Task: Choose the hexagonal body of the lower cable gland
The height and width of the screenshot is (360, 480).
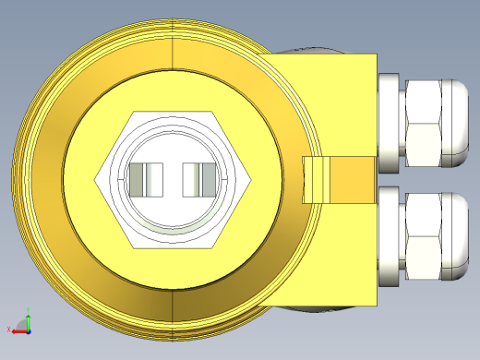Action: click(x=423, y=236)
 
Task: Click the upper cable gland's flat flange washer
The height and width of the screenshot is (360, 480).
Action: click(x=390, y=124)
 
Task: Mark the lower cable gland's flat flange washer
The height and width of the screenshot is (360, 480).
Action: click(x=390, y=236)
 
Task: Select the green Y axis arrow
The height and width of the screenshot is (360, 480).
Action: click(x=28, y=319)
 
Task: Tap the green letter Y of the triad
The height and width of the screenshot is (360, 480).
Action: click(x=29, y=311)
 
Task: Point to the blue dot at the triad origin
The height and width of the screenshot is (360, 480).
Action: click(x=28, y=329)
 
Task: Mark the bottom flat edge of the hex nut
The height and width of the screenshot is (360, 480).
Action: click(x=174, y=247)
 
